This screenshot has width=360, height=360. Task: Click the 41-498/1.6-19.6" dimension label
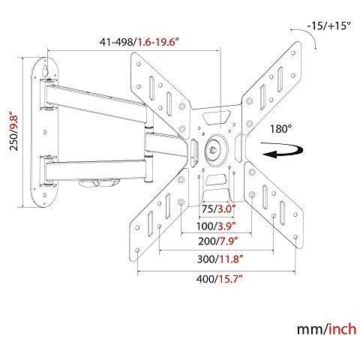(x=140, y=41)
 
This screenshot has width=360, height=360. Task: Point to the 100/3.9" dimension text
(x=216, y=226)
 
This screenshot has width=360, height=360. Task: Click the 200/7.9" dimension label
(x=217, y=241)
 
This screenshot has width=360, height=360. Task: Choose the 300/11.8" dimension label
(x=220, y=259)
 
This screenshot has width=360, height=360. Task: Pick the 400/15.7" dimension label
(x=220, y=279)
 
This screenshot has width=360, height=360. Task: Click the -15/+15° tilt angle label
(x=328, y=25)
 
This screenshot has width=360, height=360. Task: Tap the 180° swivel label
(x=280, y=129)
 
